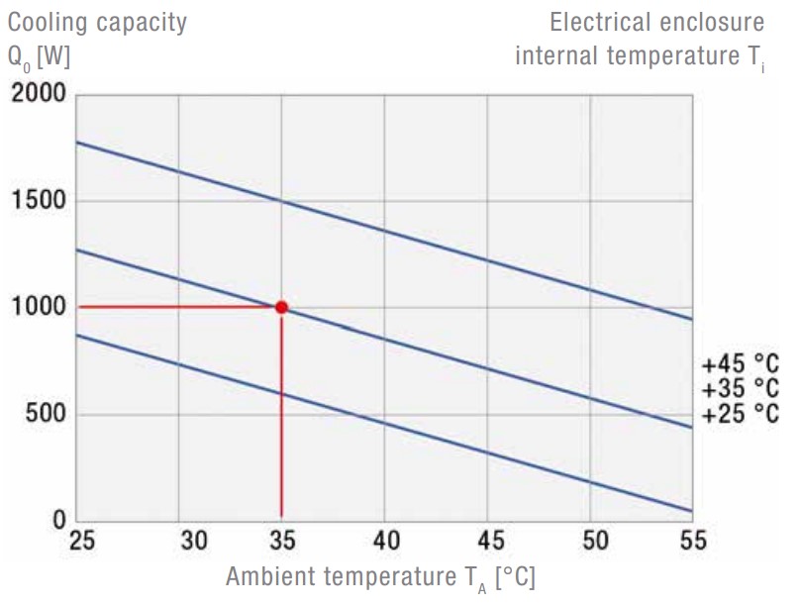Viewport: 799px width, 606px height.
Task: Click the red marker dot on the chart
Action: tap(281, 307)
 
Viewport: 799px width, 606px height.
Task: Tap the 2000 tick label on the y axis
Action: tap(39, 95)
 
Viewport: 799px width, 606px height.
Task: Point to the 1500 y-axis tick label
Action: tap(39, 201)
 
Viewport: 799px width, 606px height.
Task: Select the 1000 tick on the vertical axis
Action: tap(39, 308)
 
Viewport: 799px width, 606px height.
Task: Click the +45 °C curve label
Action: tap(740, 362)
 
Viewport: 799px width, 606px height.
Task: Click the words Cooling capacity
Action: tap(97, 23)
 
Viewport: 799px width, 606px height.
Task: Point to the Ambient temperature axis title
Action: tap(380, 578)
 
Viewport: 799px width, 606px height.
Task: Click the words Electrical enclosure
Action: tap(656, 23)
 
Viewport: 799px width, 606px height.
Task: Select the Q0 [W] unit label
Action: tap(39, 57)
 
